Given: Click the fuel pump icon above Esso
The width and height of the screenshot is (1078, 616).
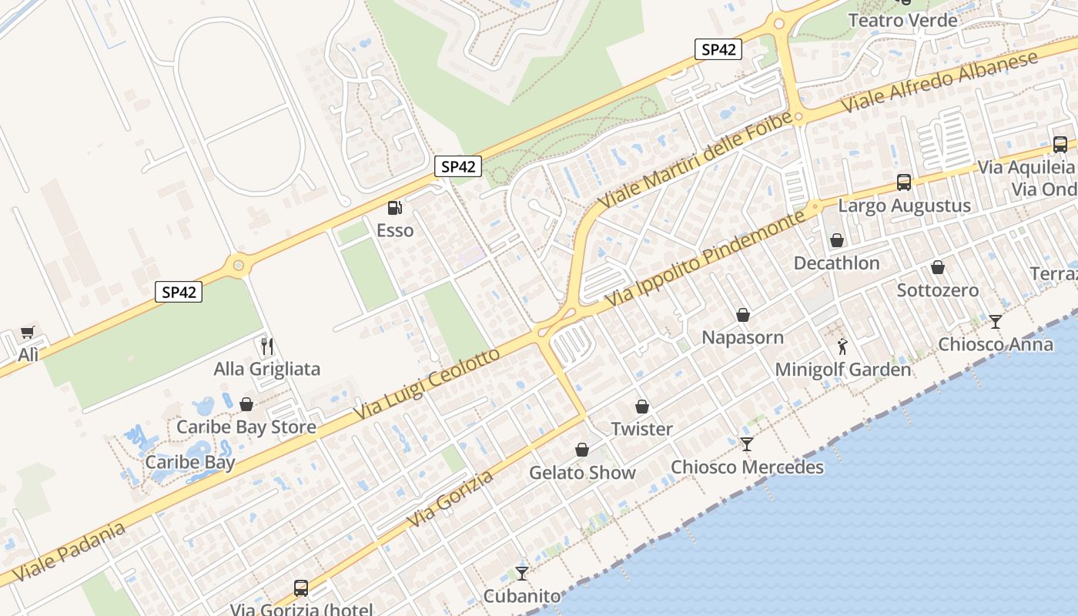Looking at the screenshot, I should [394, 207].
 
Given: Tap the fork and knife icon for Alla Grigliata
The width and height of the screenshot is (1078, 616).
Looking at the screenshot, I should [267, 346].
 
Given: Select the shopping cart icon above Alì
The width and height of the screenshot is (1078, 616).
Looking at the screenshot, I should [28, 332].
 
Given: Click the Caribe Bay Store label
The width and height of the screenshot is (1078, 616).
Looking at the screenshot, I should [246, 427].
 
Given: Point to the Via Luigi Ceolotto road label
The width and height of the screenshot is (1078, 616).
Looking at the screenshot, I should [428, 385].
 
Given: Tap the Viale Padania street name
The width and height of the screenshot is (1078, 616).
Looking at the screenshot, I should [69, 552].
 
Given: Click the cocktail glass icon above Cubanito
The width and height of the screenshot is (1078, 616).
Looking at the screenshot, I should [522, 573].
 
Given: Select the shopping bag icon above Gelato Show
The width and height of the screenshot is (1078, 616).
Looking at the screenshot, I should [582, 450].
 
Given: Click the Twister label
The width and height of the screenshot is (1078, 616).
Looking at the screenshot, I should [641, 429].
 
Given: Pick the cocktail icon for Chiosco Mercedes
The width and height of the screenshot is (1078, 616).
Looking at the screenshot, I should [746, 444].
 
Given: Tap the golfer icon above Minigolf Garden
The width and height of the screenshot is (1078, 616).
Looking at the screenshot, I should [842, 346].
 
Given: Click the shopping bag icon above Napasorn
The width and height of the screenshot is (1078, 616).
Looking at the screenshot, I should [743, 315].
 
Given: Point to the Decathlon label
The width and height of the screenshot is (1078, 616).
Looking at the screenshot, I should [836, 263].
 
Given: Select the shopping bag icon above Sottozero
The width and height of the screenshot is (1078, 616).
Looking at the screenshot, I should [938, 267].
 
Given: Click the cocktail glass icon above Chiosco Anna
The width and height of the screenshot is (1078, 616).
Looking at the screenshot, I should [996, 321].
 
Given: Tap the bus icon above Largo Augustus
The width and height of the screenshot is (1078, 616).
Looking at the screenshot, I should [904, 182].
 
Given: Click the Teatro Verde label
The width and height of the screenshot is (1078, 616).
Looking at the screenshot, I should [902, 20].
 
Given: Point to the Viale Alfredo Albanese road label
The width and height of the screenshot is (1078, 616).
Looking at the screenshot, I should [939, 82].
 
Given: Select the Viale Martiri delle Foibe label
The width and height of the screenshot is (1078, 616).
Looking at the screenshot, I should [695, 160].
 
